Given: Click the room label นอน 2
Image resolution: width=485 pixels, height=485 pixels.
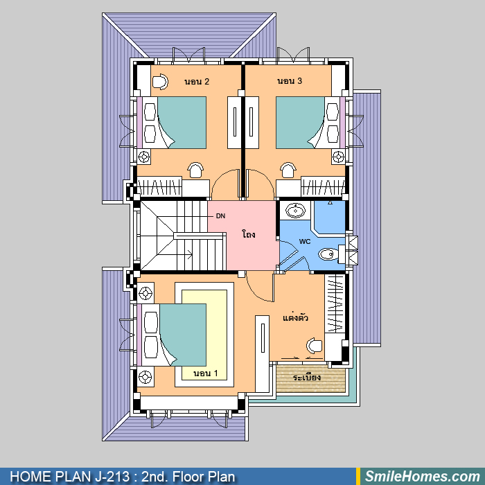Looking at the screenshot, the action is point(197,81).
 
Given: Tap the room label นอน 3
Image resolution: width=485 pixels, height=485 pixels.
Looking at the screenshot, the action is point(290,81).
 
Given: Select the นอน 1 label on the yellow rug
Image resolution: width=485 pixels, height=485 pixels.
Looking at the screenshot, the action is point(205,373).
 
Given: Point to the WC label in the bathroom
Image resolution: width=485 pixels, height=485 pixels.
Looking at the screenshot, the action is point(305,241).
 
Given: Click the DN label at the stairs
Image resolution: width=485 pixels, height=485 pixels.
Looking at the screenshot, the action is point(220,216).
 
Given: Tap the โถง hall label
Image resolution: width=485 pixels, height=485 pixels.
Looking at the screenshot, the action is point(249,234).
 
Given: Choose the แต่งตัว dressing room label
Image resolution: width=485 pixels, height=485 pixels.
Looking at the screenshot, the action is point(295,317).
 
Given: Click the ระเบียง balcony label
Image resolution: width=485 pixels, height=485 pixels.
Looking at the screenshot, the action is point(306,378).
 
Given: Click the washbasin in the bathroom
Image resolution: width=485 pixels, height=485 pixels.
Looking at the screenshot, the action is point(295,211).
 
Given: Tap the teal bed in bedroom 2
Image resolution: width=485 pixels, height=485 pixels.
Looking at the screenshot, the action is point(182,123).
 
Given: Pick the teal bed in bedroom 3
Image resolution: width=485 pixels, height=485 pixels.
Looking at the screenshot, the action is point(300,123).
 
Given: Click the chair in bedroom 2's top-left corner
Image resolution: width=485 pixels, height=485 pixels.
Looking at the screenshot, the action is point(160,82).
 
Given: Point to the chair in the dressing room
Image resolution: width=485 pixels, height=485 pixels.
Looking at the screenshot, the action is point(315,346).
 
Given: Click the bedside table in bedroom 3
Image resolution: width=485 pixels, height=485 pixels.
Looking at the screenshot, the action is point(338,157).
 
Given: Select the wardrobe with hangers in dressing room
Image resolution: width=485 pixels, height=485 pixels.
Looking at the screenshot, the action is point(335,303).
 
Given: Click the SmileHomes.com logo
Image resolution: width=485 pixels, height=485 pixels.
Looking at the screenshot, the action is point(423,477).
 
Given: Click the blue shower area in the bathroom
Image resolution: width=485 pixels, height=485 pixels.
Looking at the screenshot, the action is point(329,217).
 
